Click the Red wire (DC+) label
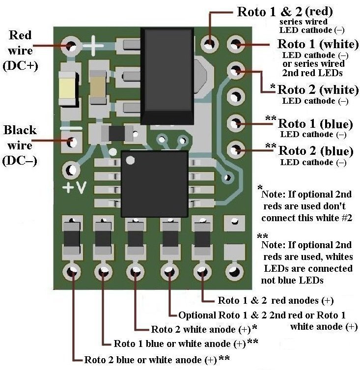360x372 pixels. (x=21, y=51)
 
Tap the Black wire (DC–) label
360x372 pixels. (x=21, y=145)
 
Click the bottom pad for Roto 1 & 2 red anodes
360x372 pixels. (x=202, y=271)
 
